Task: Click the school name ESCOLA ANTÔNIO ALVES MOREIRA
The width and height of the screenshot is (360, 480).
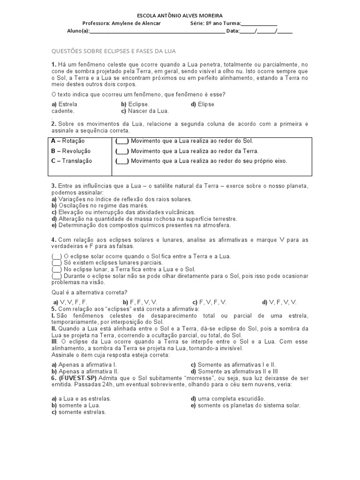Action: pos(180,15)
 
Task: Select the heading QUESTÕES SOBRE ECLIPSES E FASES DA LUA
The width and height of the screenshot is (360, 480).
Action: pos(113,51)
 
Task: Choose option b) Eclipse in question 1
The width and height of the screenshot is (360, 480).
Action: pos(135,104)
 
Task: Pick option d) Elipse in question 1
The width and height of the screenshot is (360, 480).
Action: pos(202,104)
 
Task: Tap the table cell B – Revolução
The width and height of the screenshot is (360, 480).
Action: pos(71,151)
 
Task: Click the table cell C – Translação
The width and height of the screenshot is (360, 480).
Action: pos(72,161)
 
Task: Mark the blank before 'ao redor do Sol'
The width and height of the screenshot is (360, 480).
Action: pos(122,141)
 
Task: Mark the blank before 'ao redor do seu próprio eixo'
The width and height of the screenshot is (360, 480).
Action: pos(122,161)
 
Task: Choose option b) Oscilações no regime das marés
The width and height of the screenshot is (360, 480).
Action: pos(100,205)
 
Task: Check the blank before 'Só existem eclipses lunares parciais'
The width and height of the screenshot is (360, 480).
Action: pos(56,263)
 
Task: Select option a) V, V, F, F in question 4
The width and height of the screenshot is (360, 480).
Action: pos(70,302)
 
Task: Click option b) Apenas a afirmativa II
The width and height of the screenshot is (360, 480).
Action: pos(84,370)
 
